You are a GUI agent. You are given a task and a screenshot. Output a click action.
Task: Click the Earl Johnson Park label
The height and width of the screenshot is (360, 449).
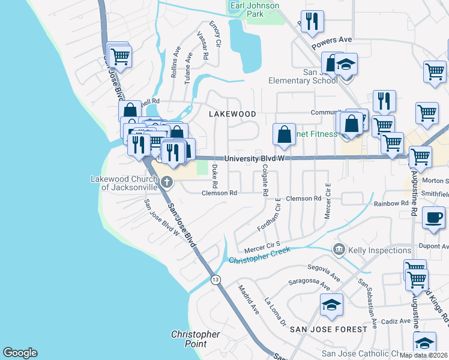click(255, 10)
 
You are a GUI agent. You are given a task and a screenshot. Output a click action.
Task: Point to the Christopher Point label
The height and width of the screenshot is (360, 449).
click(195, 339)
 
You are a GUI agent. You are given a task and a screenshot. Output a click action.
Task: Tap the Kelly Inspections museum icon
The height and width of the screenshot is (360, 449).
click(339, 250)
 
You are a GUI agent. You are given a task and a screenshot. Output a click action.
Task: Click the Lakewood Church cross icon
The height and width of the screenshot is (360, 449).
click(167, 182)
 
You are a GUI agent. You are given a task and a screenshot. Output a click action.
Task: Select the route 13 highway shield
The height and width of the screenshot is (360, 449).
click(215, 280)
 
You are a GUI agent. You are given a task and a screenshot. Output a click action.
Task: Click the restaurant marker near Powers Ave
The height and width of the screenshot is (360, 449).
click(312, 22)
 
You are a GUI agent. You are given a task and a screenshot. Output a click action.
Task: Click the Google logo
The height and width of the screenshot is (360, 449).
click(20, 353)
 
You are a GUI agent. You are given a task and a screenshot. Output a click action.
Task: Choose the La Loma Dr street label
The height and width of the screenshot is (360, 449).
click(276, 312)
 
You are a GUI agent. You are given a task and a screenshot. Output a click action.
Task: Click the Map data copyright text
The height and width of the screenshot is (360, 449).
click(424, 355)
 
